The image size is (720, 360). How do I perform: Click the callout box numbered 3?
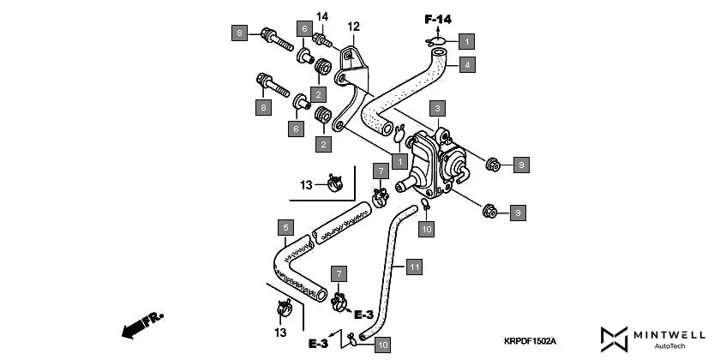point(437,108)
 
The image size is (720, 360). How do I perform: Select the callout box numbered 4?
point(466,63)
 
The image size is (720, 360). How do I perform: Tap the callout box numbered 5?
point(286,228)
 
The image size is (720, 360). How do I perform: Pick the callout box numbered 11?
point(414,268)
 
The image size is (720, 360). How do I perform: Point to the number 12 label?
point(353,27)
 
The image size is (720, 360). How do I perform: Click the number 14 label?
point(322,16)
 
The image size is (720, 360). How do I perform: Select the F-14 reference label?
point(438,18)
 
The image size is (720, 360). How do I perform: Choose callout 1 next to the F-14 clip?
point(466,40)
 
